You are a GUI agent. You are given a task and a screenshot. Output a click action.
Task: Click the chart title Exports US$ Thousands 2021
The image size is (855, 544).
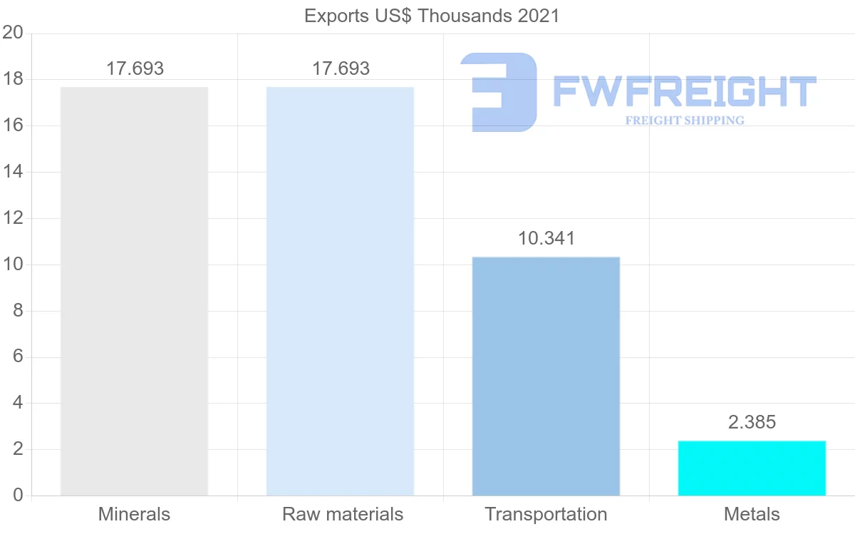tap(432, 16)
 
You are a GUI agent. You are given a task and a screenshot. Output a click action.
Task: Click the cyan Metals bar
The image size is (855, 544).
tap(752, 468)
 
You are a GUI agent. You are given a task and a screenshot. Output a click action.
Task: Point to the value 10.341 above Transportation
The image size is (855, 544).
tap(546, 238)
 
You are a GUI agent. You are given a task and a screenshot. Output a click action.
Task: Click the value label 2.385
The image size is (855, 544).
tap(752, 422)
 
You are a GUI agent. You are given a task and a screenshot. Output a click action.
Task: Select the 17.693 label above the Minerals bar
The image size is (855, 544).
tap(135, 69)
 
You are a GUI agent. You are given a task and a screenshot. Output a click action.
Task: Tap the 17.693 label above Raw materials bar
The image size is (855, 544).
tap(341, 69)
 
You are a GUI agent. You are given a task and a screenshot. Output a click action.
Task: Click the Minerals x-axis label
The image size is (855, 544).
tap(134, 514)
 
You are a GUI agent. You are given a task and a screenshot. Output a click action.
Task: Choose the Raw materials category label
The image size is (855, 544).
tap(343, 514)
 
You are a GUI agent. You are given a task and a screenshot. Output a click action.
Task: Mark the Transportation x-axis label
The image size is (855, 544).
tap(546, 514)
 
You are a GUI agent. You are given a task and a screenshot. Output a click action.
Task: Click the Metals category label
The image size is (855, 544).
tap(752, 514)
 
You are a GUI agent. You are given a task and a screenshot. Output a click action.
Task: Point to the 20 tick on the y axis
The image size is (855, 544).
tap(13, 33)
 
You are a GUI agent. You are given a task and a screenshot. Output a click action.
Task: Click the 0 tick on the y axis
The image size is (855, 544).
tap(18, 496)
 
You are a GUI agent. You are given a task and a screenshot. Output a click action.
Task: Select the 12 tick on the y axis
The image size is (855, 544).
tap(13, 218)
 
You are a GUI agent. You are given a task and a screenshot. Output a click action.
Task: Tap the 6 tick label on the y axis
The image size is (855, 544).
tap(18, 357)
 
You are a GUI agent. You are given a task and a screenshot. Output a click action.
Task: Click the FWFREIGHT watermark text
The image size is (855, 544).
tap(684, 91)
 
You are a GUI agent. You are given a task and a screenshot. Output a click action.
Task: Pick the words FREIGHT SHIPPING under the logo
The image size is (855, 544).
tap(684, 120)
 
